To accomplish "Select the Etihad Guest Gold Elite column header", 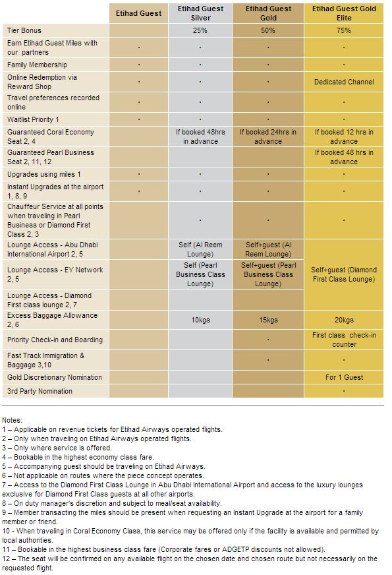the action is coord(343,14).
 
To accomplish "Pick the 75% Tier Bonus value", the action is coord(343,30).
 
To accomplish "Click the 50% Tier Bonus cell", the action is coord(267,30).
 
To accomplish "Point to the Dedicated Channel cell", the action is coord(343,82).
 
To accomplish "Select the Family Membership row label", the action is coord(37,65).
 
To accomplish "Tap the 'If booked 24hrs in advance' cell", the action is coord(267,136).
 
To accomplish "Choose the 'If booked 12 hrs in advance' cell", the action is coord(343,136).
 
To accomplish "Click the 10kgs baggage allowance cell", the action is coord(200,320).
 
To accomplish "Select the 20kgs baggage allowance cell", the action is coord(343,320).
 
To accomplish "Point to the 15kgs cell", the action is coord(267,320).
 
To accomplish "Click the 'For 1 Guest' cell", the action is coord(343,377).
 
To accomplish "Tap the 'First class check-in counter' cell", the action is coord(343,340).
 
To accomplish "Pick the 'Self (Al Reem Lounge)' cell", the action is coord(200,249).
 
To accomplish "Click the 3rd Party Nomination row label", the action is coord(40,391).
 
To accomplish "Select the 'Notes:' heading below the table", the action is coord(12,420).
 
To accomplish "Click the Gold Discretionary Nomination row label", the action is coord(55,377).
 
